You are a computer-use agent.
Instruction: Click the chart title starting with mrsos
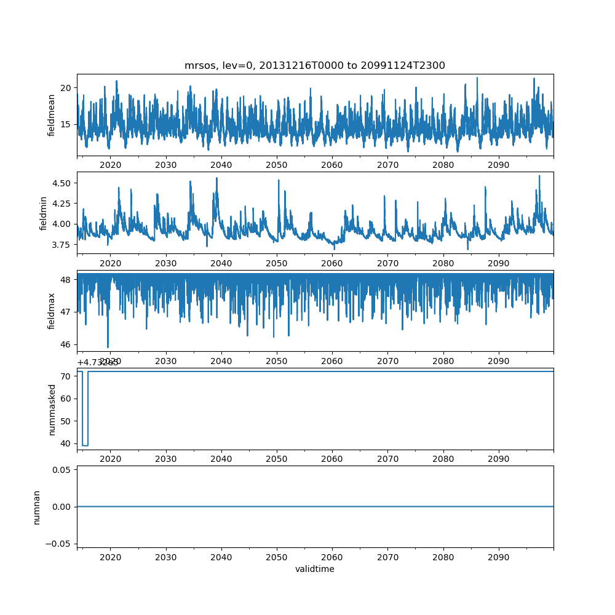click(314, 65)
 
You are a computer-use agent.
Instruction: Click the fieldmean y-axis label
click(52, 115)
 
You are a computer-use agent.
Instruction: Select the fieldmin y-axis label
click(43, 212)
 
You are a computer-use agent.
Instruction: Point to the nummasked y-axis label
click(52, 409)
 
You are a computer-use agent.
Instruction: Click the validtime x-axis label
click(314, 569)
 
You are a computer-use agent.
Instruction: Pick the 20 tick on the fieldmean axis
click(66, 87)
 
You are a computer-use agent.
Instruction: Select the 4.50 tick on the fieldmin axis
click(63, 183)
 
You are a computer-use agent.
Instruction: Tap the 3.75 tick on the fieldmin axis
click(63, 245)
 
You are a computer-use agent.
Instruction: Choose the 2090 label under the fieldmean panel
click(498, 165)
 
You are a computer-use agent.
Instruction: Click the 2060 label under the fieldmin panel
click(332, 263)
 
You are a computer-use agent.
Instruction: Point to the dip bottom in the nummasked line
click(85, 445)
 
